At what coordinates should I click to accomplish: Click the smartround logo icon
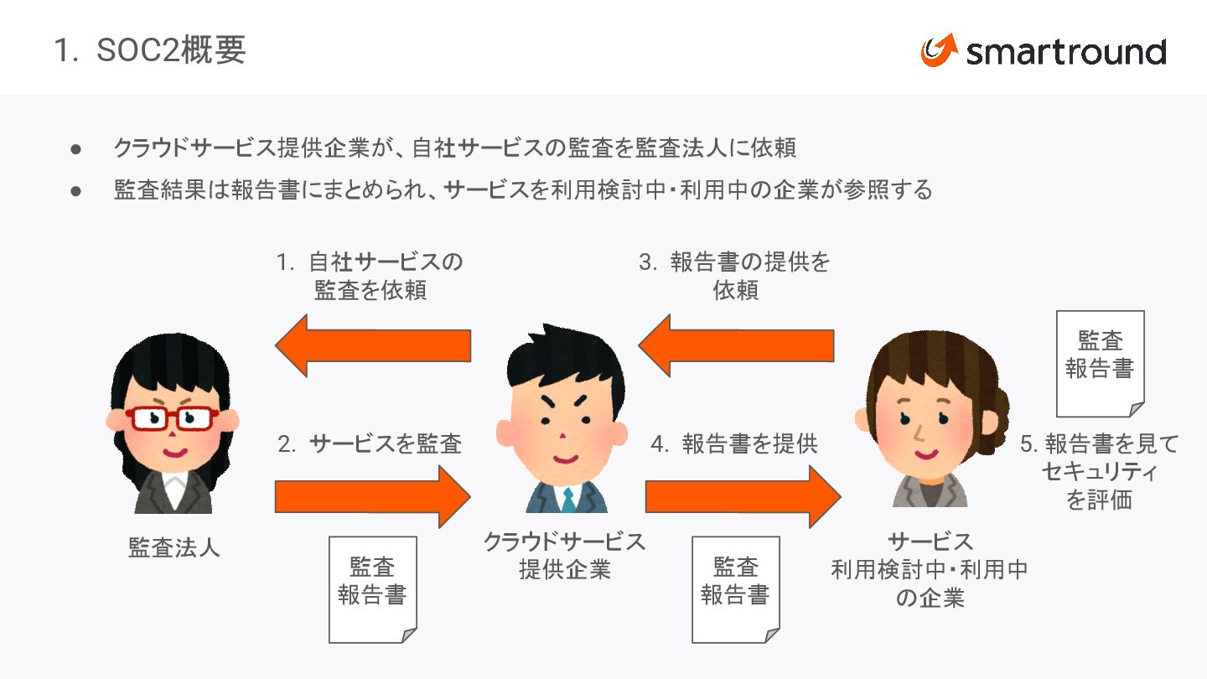click(939, 50)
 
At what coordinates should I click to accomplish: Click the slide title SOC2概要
click(150, 50)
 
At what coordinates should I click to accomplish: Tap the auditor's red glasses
click(171, 417)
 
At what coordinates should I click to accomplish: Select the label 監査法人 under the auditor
click(174, 547)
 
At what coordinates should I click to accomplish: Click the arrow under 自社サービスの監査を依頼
click(374, 345)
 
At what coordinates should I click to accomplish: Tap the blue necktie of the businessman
click(568, 500)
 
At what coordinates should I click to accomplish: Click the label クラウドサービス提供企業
click(564, 555)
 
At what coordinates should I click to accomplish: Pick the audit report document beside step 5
click(1100, 364)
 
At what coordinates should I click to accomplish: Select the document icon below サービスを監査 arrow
click(372, 589)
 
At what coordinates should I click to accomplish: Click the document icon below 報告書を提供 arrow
click(735, 589)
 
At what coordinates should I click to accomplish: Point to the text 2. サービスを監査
click(370, 443)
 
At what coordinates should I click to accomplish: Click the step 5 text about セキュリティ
click(1099, 471)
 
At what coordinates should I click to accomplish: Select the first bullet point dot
click(75, 149)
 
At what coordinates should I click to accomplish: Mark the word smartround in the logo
click(1065, 52)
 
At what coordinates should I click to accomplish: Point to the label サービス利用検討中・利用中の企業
click(930, 569)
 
